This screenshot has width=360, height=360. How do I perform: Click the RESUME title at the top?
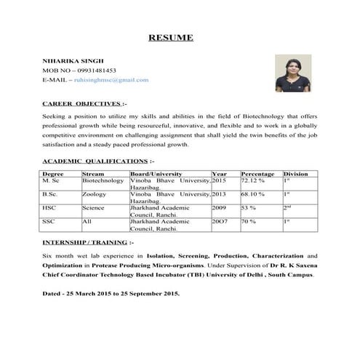[x=171, y=38]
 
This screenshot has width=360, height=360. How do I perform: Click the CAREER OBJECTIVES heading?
[x=82, y=105]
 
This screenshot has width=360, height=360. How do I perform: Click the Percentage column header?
[x=257, y=175]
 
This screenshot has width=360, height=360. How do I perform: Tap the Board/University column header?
[x=155, y=175]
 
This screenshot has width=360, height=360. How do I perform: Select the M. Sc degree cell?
[x=52, y=181]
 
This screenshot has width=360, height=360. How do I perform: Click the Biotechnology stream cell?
[x=103, y=181]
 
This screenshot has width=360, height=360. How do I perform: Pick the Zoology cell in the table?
[x=95, y=195]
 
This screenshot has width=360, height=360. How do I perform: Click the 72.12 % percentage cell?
[x=252, y=181]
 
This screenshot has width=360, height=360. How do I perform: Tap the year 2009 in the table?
[x=219, y=208]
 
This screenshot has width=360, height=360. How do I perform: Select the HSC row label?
[x=49, y=208]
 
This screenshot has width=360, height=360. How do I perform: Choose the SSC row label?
[x=49, y=221]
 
